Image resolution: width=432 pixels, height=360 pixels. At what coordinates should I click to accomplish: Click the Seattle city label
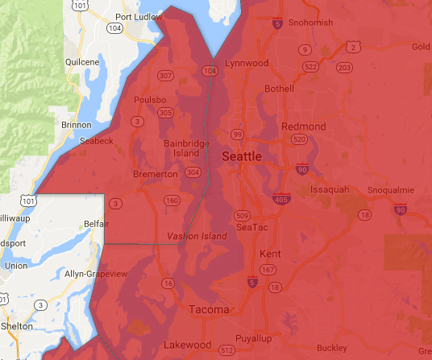pyautogui.click(x=241, y=156)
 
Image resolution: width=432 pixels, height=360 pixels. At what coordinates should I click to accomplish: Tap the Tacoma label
pyautogui.click(x=209, y=309)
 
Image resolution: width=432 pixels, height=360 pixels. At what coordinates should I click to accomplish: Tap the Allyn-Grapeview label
pyautogui.click(x=97, y=275)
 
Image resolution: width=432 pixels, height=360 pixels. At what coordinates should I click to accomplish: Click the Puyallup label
pyautogui.click(x=260, y=338)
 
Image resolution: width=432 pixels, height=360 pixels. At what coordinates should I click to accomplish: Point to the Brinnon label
pyautogui.click(x=77, y=125)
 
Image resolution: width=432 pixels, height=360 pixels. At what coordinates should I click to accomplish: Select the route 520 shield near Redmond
pyautogui.click(x=300, y=139)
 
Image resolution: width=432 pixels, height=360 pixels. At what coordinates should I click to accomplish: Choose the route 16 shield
pyautogui.click(x=168, y=283)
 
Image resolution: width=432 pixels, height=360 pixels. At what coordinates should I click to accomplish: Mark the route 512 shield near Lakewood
pyautogui.click(x=228, y=350)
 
